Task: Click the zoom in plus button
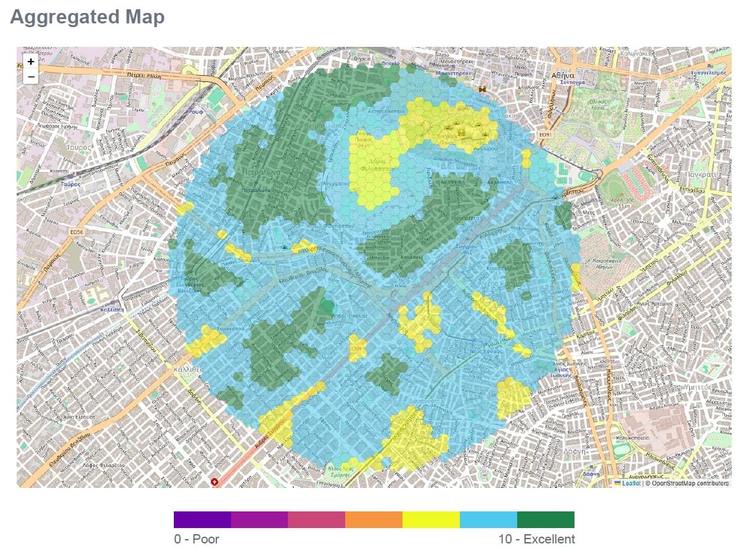coord(31,62)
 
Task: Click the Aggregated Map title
coord(88,17)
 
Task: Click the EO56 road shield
coord(77,232)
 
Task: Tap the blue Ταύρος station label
coord(72,184)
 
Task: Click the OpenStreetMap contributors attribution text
coord(687,483)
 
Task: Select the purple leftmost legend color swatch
coord(202,519)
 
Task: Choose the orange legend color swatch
coord(374,519)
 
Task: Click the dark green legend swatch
coord(546,519)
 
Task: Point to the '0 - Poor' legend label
coord(197,539)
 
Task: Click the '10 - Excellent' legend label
coord(536,539)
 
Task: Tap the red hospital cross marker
coord(215,481)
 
